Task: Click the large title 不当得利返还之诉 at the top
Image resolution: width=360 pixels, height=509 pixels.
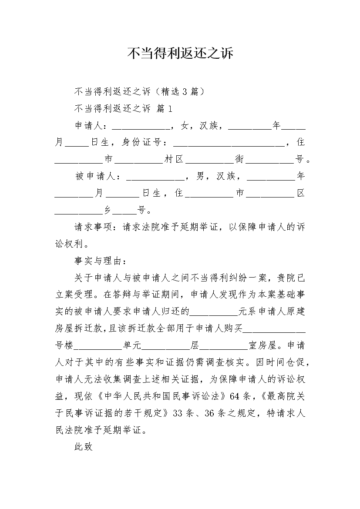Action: (180, 54)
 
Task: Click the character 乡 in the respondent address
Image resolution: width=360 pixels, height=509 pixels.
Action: (107, 210)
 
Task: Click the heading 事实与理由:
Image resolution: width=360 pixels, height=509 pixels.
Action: (100, 261)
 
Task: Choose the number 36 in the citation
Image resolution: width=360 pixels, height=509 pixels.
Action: (209, 414)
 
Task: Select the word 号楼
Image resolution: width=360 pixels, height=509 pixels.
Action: (64, 346)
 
